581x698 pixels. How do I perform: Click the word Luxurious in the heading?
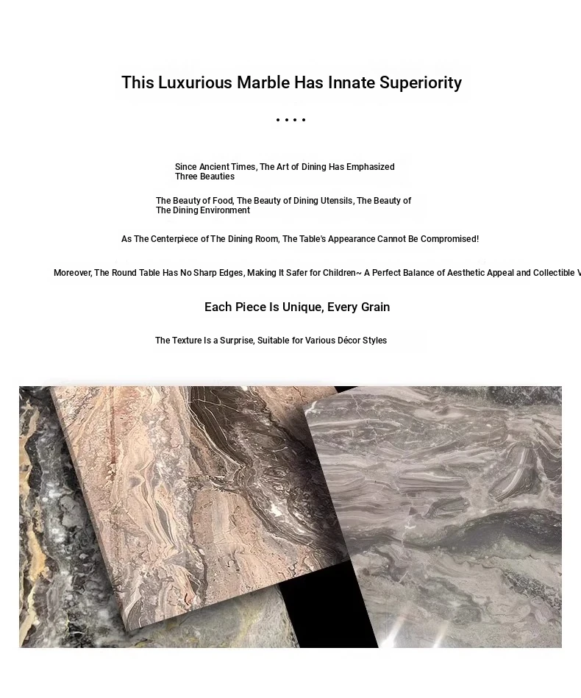pyautogui.click(x=195, y=82)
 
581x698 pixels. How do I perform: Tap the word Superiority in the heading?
pyautogui.click(x=421, y=82)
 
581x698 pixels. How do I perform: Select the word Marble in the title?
pyautogui.click(x=263, y=82)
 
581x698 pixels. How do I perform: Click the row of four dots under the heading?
pyautogui.click(x=290, y=120)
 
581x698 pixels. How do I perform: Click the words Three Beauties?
pyautogui.click(x=204, y=177)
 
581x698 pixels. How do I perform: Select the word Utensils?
pyautogui.click(x=337, y=201)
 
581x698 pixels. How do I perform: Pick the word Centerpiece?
pyautogui.click(x=179, y=239)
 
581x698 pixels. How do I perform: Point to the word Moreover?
pyautogui.click(x=72, y=273)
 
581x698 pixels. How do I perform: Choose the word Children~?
pyautogui.click(x=342, y=273)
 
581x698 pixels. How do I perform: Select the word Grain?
pyautogui.click(x=375, y=307)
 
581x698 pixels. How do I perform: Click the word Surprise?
pyautogui.click(x=237, y=341)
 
